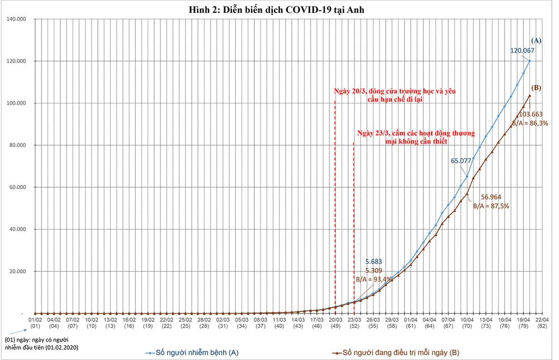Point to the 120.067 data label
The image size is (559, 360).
tap(522, 50)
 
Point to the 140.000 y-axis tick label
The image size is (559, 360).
tap(20, 19)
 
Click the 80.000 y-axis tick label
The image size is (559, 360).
tap(21, 145)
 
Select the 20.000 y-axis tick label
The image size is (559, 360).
tap(21, 272)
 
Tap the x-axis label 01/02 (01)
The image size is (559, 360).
tap(35, 322)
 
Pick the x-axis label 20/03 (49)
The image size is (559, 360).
tap(335, 322)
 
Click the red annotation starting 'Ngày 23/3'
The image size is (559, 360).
tap(416, 138)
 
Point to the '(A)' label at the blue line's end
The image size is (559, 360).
tap(537, 40)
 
